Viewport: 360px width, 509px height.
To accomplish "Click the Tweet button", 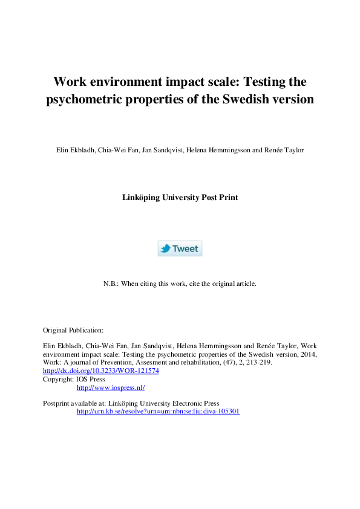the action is tap(180, 248).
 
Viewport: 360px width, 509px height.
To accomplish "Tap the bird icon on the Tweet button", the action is tap(165, 248).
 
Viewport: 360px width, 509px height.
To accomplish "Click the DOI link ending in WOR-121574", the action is tap(101, 371).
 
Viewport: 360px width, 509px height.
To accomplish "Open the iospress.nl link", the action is tap(111, 387).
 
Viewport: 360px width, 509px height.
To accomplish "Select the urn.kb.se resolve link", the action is tap(158, 411).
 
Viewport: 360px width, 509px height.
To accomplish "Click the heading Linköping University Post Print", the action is tap(180, 197).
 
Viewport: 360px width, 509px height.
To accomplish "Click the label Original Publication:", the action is tap(73, 330).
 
